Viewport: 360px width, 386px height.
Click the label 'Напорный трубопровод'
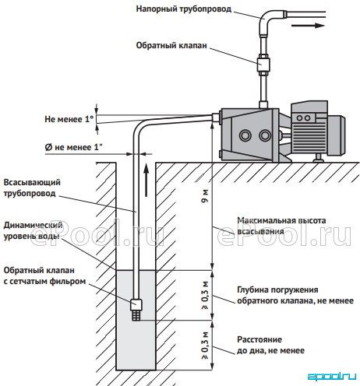pyautogui.click(x=184, y=9)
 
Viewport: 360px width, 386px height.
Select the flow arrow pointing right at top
pyautogui.click(x=309, y=26)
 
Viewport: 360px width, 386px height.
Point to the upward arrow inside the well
pyautogui.click(x=146, y=180)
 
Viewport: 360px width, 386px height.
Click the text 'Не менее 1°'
pyautogui.click(x=69, y=119)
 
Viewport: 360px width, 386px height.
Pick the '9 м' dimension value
pyautogui.click(x=205, y=196)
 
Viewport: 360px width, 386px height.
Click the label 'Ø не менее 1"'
pyautogui.click(x=73, y=147)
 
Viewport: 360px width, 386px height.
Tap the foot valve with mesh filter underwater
pyautogui.click(x=136, y=310)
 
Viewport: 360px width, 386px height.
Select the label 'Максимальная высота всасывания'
pyautogui.click(x=281, y=226)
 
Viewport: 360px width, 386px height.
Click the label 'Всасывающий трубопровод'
pyautogui.click(x=32, y=188)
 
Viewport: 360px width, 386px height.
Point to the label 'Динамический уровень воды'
pyautogui.click(x=33, y=231)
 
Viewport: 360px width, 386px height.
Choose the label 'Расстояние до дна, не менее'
pyautogui.click(x=270, y=345)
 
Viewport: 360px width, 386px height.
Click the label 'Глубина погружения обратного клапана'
pyautogui.click(x=295, y=295)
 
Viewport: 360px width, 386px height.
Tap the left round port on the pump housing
pyautogui.click(x=245, y=135)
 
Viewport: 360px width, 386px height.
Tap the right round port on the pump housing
pyautogui.click(x=265, y=135)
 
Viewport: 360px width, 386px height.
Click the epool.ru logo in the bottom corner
pyautogui.click(x=332, y=376)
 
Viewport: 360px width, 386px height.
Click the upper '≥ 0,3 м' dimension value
pyautogui.click(x=205, y=295)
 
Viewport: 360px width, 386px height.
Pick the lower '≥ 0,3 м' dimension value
pyautogui.click(x=205, y=345)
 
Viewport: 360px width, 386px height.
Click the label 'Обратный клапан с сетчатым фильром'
pyautogui.click(x=44, y=275)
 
